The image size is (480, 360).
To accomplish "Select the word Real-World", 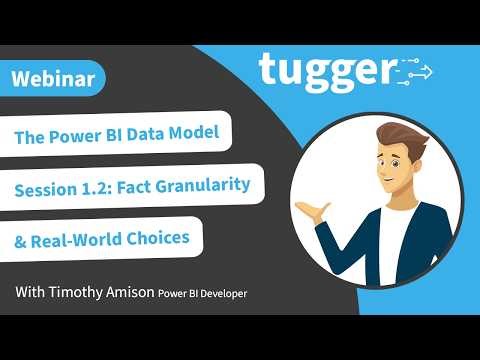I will (81, 240).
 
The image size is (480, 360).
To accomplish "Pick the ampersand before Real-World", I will (21, 240).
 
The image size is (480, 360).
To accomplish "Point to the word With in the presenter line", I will (31, 293).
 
